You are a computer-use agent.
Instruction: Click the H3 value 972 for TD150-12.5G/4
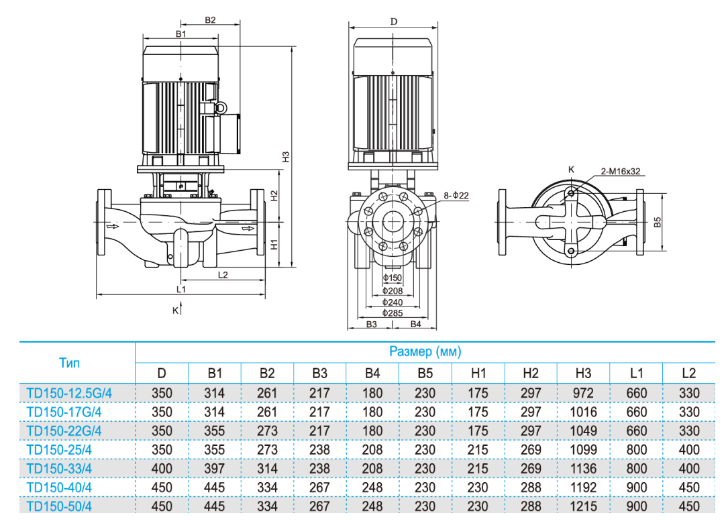coord(584,393)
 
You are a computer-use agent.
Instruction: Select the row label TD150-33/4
coord(59,468)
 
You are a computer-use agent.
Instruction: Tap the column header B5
coord(425,373)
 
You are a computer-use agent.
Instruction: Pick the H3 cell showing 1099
coord(584,450)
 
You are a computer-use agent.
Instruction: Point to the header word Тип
coord(69,363)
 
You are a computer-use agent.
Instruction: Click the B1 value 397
coord(214,469)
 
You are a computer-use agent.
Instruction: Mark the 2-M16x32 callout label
coord(621,172)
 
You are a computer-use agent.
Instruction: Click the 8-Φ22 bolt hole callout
coord(456,195)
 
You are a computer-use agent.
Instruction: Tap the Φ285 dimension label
coord(393,313)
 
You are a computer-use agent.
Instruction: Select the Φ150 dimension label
coord(393,278)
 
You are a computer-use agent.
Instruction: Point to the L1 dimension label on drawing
coord(181,289)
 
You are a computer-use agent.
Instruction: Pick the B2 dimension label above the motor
coord(210,20)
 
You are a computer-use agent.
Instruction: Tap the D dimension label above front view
coord(394,21)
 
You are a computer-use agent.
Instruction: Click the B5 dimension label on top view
coord(658,222)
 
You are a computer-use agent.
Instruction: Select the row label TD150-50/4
coord(59,506)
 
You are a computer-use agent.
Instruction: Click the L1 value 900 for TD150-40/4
coord(636,487)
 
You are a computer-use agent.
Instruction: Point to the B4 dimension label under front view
coord(416,324)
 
